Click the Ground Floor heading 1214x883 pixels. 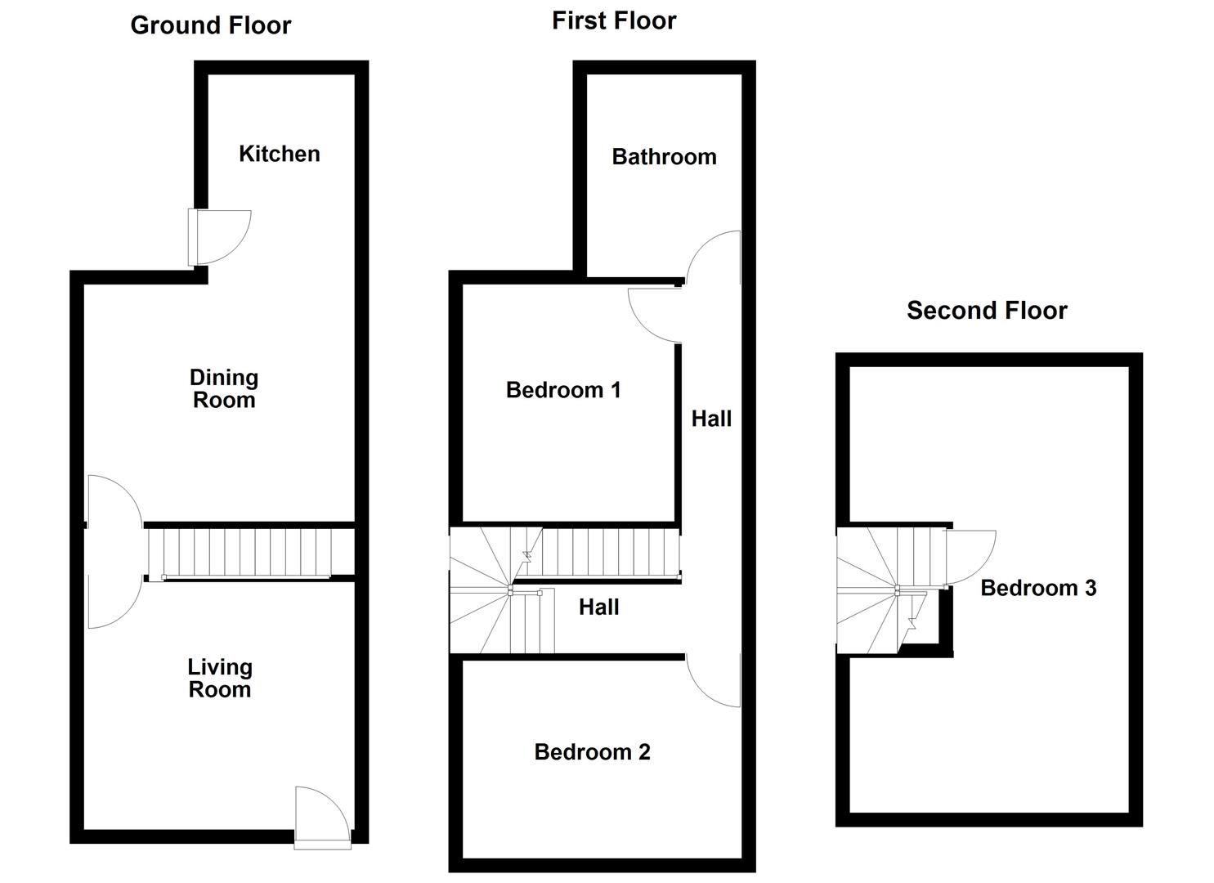pos(210,25)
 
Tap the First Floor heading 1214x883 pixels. pos(614,20)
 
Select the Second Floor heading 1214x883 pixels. pos(987,311)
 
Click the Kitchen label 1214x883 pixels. pos(279,154)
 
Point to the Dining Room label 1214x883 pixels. pos(224,388)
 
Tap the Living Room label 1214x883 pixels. pos(220,679)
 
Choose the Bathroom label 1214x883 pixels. pos(664,157)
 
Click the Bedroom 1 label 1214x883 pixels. pos(563,390)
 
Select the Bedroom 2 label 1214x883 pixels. pos(592,752)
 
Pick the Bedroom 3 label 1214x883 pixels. pos(1038,588)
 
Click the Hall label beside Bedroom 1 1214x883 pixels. pos(711,419)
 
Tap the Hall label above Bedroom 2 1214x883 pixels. pos(598,607)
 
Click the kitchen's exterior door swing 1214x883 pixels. pos(222,236)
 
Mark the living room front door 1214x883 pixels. pos(321,814)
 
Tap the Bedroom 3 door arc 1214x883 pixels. pos(970,556)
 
